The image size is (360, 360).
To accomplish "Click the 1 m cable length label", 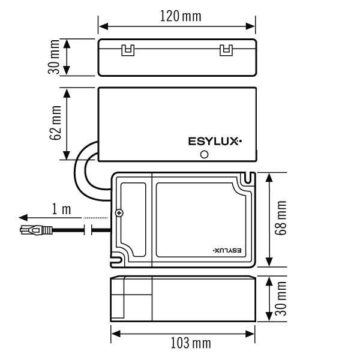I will [61, 209].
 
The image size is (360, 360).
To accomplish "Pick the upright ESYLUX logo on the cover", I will [215, 142].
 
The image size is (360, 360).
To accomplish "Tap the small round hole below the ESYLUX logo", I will [204, 155].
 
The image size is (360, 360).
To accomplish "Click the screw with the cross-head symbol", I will [119, 214].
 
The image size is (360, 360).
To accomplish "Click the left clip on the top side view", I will [127, 50].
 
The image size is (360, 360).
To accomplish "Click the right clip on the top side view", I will [226, 50].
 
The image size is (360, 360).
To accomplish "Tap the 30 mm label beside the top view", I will [55, 58].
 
